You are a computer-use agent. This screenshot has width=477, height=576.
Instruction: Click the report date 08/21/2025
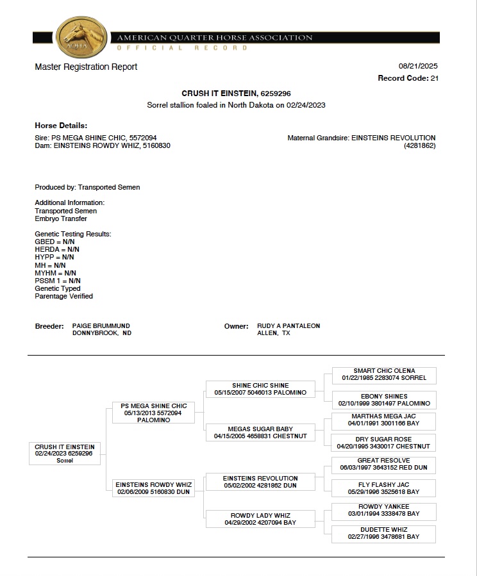pyautogui.click(x=418, y=66)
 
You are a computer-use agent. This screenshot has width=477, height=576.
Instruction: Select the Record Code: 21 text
pyautogui.click(x=408, y=78)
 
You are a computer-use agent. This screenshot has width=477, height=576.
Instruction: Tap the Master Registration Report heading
pyautogui.click(x=86, y=67)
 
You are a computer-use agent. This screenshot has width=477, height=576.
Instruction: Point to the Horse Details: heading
pyautogui.click(x=61, y=126)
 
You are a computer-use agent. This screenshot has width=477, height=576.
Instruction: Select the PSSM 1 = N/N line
pyautogui.click(x=58, y=281)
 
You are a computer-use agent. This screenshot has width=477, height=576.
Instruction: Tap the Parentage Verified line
pyautogui.click(x=63, y=296)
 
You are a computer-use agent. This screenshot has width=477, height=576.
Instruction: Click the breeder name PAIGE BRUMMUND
pyautogui.click(x=101, y=325)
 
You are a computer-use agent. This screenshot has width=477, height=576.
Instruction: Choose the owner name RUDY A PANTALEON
pyautogui.click(x=289, y=325)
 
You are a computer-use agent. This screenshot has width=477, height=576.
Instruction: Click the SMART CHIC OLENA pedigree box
pyautogui.click(x=384, y=375)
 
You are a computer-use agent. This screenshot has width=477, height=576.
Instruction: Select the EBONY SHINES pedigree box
pyautogui.click(x=384, y=400)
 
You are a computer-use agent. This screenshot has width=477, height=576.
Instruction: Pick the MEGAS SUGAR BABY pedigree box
pyautogui.click(x=260, y=432)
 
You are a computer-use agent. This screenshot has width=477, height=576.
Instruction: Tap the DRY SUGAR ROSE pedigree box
pyautogui.click(x=384, y=442)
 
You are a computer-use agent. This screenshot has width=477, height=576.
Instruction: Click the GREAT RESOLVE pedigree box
pyautogui.click(x=384, y=465)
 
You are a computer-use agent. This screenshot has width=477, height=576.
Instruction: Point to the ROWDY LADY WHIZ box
pyautogui.click(x=260, y=519)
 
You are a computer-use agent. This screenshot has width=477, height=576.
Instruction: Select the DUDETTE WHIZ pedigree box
pyautogui.click(x=384, y=533)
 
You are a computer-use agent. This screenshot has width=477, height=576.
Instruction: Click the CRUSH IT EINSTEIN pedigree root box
pyautogui.click(x=65, y=453)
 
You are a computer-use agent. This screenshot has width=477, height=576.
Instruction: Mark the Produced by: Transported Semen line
pyautogui.click(x=87, y=187)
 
